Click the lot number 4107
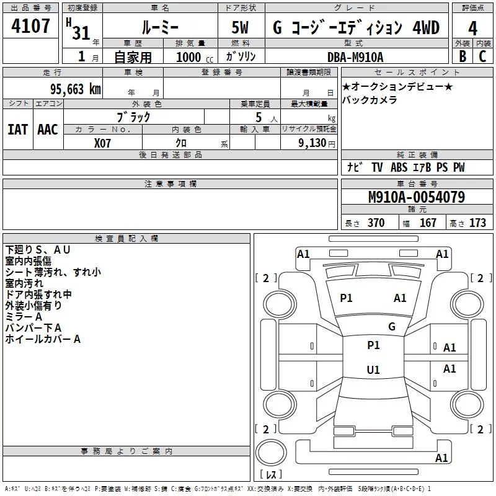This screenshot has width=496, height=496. click(x=31, y=27)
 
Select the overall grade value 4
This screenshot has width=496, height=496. click(x=472, y=29)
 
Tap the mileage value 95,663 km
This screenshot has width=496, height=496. click(x=71, y=89)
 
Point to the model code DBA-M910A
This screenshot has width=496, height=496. click(x=355, y=57)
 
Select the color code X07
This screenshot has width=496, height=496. click(x=103, y=142)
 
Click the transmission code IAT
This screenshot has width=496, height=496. click(x=17, y=129)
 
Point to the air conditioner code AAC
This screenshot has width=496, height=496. click(x=48, y=129)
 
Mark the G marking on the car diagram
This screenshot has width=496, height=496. click(x=391, y=327)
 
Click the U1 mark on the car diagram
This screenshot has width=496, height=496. click(x=373, y=370)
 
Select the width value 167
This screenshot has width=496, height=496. click(x=428, y=223)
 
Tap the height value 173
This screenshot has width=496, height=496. click(x=477, y=223)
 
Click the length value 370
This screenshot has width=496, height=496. click(x=376, y=223)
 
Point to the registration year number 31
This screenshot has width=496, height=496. click(x=81, y=32)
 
